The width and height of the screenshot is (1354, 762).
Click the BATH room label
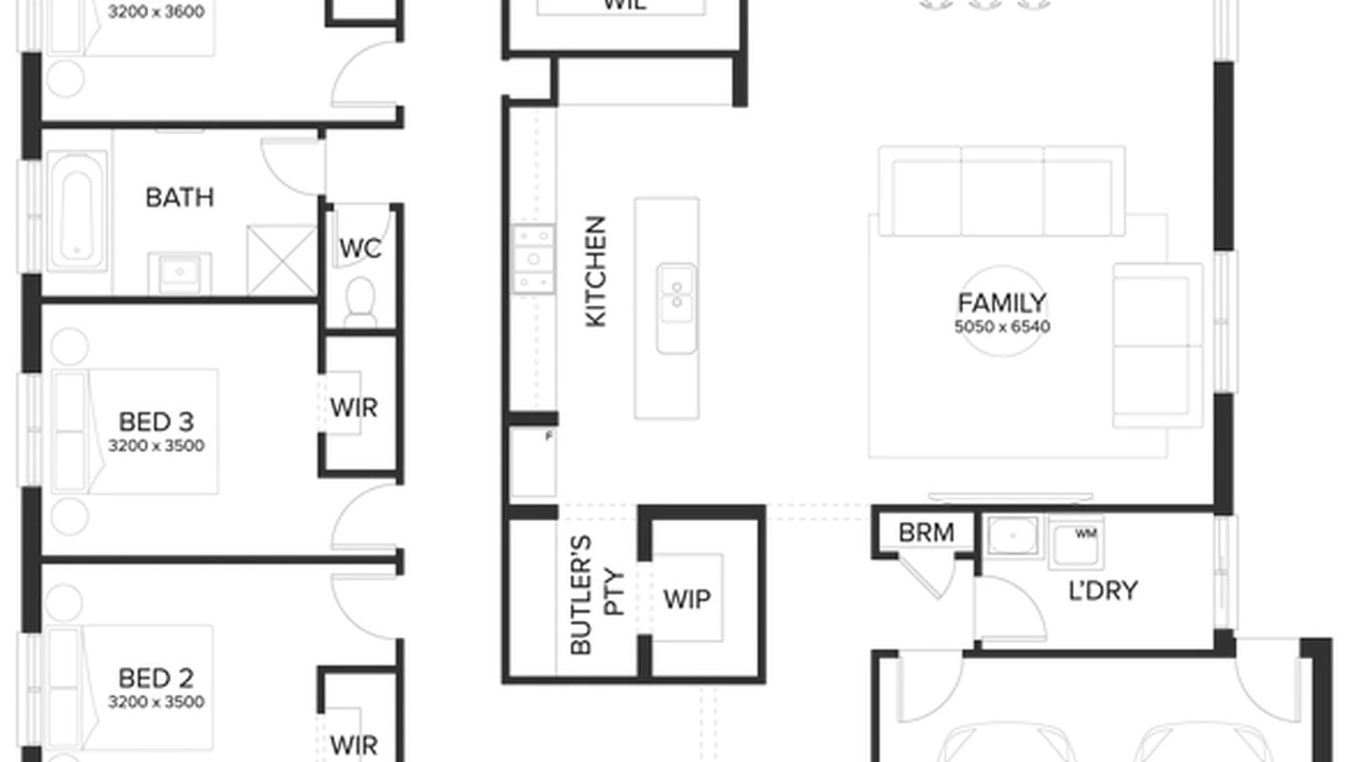point(179,197)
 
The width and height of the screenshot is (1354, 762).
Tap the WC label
point(360,248)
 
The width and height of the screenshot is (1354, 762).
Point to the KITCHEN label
point(596,271)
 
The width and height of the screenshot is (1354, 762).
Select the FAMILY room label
point(1002,302)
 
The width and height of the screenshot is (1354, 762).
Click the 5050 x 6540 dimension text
point(1002,326)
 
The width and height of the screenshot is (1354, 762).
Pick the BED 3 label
point(156,421)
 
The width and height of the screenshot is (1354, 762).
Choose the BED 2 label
point(156,677)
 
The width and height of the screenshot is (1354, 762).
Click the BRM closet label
point(926,533)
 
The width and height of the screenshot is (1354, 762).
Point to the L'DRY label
point(1103,590)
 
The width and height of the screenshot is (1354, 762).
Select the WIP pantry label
point(686,599)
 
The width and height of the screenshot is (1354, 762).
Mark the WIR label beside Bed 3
point(354,407)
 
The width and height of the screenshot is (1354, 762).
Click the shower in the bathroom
point(280,260)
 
